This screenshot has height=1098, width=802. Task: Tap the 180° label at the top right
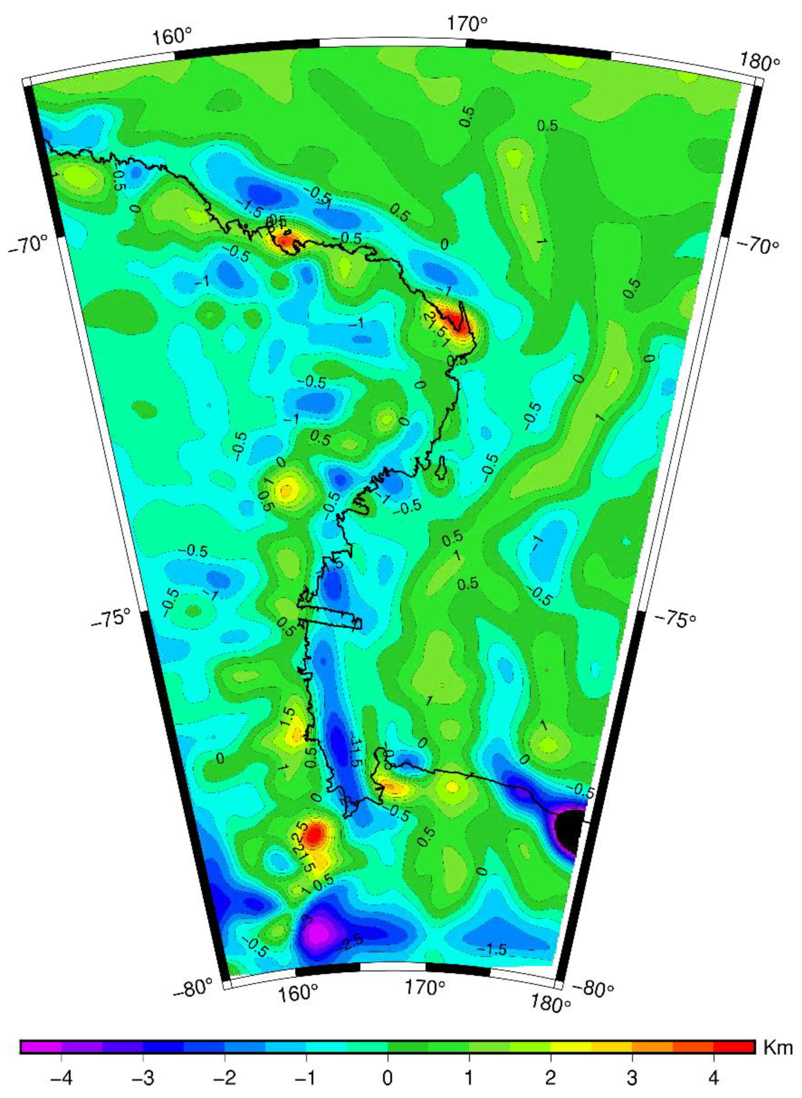click(x=759, y=63)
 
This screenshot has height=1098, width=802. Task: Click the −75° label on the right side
click(x=676, y=619)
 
